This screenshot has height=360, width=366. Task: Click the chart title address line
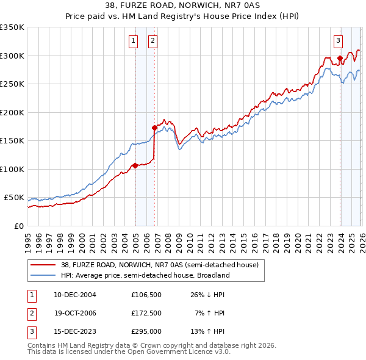(x=182, y=7)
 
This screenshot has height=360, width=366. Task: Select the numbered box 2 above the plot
(x=152, y=41)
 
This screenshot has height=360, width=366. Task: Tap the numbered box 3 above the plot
(x=338, y=41)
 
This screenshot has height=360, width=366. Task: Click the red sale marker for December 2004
(x=135, y=165)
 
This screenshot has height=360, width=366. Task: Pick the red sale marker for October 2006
(x=154, y=128)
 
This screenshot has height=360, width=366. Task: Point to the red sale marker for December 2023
(x=340, y=58)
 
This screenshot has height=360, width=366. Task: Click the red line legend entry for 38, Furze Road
(x=160, y=265)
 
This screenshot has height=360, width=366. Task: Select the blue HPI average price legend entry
(x=145, y=275)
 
